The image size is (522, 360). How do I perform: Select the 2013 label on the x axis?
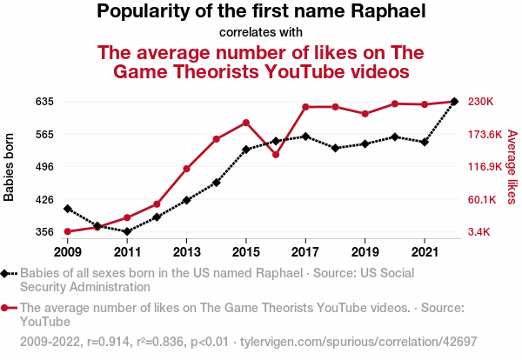coord(186,252)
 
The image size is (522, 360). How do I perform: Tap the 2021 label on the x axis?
coord(424,252)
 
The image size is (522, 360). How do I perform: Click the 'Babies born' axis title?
coord(10,167)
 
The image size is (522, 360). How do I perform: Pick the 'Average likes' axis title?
coord(512,167)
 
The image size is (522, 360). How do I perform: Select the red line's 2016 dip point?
coord(276,155)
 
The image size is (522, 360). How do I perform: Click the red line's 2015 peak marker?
coord(246,123)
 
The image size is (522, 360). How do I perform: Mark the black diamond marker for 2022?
coord(454,102)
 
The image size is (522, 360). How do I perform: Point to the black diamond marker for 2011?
coord(127,231)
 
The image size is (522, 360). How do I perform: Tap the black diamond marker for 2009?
coord(68,209)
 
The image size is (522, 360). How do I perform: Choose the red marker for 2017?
coord(305,107)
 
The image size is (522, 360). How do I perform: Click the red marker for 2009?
coord(68,231)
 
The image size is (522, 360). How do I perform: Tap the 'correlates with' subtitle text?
coord(260,32)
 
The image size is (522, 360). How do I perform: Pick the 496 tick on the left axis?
coord(44,167)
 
